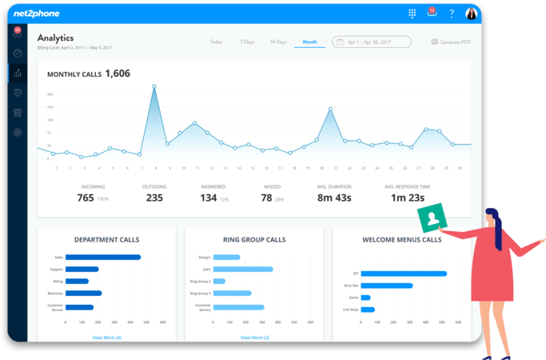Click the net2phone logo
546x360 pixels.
(37, 14)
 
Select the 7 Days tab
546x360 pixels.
(247, 41)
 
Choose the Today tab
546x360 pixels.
(216, 41)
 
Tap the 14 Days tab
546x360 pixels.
(277, 41)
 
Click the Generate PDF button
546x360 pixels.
(451, 42)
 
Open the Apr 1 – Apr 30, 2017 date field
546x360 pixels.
(371, 42)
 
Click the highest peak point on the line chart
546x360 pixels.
(154, 86)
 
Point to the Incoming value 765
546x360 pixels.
(86, 198)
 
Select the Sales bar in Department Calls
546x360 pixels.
(103, 258)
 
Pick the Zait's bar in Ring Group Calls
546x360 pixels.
(244, 270)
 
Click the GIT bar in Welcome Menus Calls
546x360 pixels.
(404, 274)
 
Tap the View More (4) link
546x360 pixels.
(107, 338)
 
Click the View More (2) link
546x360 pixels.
(254, 338)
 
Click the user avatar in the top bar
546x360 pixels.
(471, 14)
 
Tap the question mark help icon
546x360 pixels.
(451, 14)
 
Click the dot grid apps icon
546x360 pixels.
(412, 14)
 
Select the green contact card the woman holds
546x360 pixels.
(432, 218)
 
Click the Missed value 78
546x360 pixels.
(267, 198)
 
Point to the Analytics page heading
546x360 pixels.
(55, 38)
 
